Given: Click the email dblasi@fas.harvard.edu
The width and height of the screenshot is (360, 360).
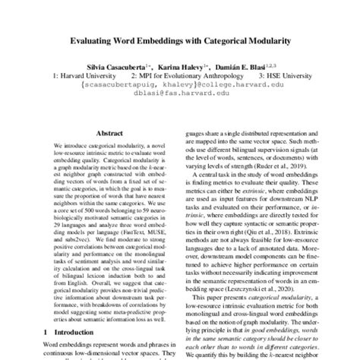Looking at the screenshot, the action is pos(179,97).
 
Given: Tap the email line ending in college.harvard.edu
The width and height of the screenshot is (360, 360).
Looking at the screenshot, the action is pos(179,88).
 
